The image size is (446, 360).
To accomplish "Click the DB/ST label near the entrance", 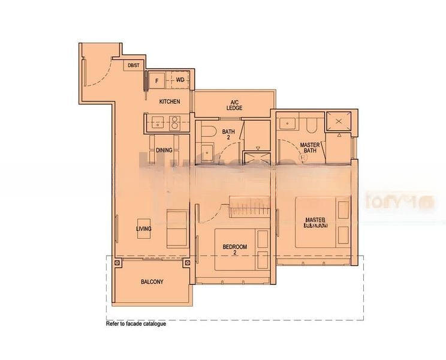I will point(133,65).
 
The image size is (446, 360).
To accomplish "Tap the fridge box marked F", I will point(158,80).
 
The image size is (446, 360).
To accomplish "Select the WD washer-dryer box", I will point(180,80).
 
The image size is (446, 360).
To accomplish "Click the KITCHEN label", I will point(170,102).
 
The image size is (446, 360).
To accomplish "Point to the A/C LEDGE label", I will point(234,105).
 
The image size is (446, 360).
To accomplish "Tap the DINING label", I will point(164,150).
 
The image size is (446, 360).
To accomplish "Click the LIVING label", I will point(144,229).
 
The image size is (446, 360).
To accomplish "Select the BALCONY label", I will point(152,281).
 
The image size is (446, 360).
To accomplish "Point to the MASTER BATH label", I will point(310,148).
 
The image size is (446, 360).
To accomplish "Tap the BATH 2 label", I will point(228,135).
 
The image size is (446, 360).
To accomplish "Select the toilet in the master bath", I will point(311,124).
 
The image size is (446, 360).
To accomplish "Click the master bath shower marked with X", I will point(339,122).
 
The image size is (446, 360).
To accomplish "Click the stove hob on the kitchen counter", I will point(175,124).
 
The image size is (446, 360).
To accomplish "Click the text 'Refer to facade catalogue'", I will point(136,324).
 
